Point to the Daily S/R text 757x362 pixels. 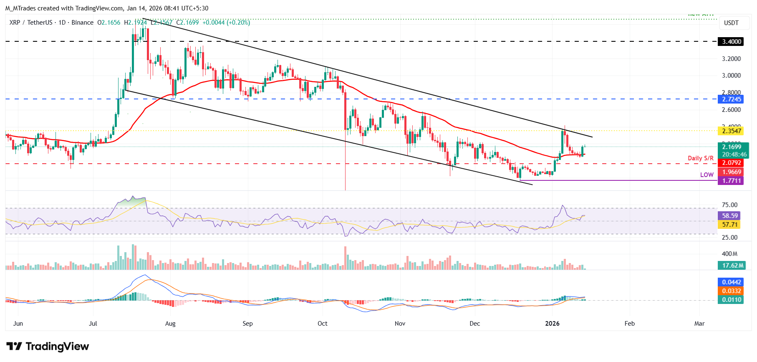700,158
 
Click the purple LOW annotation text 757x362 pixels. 707,175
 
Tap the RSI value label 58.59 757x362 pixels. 730,216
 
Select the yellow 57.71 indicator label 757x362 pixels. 730,225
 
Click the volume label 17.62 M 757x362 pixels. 732,266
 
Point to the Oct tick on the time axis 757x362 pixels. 322,324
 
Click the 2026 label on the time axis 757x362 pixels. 552,324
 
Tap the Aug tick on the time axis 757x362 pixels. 170,324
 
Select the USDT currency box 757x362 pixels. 731,23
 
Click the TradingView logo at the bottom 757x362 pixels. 48,347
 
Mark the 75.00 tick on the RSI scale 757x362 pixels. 729,205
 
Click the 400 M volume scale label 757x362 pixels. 729,254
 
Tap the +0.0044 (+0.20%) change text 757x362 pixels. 226,23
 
